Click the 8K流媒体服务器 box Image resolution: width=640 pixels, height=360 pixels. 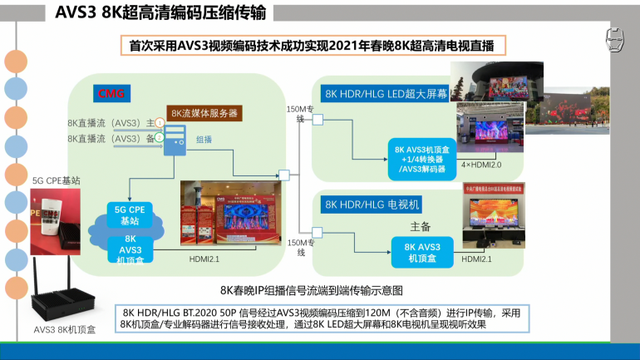pyautogui.click(x=204, y=112)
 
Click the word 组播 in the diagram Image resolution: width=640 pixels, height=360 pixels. pyautogui.click(x=204, y=141)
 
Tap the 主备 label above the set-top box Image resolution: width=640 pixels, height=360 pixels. pyautogui.click(x=420, y=226)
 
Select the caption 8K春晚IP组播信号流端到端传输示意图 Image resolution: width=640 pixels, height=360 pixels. pyautogui.click(x=311, y=290)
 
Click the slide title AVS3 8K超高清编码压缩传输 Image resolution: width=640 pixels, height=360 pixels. pyautogui.click(x=161, y=12)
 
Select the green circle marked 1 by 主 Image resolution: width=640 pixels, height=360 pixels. pyautogui.click(x=159, y=122)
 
